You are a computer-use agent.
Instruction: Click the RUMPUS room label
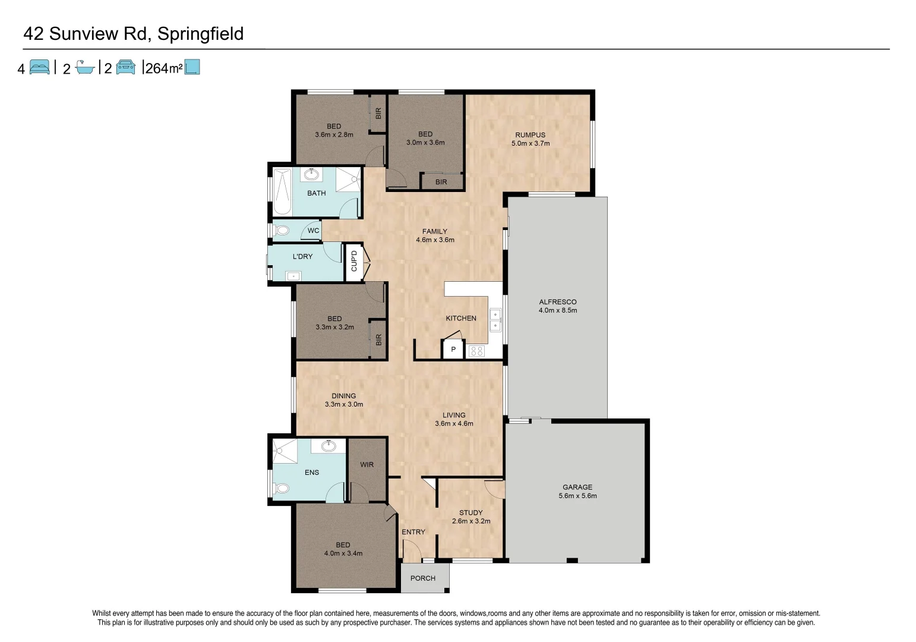tap(530, 135)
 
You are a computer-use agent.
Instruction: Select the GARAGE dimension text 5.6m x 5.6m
tap(577, 496)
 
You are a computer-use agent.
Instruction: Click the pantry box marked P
tap(453, 350)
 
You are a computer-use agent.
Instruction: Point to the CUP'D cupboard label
tap(354, 261)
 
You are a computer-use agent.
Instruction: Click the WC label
tap(313, 231)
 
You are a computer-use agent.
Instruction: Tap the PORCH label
tap(423, 578)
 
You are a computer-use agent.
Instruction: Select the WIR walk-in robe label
tap(367, 464)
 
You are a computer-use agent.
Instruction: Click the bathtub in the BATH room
tap(282, 191)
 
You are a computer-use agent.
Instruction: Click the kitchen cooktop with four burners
tap(476, 351)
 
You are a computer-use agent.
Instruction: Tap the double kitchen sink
tap(495, 320)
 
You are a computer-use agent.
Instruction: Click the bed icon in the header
tap(40, 67)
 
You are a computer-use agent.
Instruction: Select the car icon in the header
tap(125, 67)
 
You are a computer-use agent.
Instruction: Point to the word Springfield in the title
tap(201, 34)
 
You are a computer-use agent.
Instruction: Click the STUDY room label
tap(470, 512)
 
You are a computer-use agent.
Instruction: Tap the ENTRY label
tap(413, 532)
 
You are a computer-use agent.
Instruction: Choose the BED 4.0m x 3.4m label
tap(343, 549)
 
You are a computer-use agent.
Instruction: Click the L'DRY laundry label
tap(302, 257)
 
